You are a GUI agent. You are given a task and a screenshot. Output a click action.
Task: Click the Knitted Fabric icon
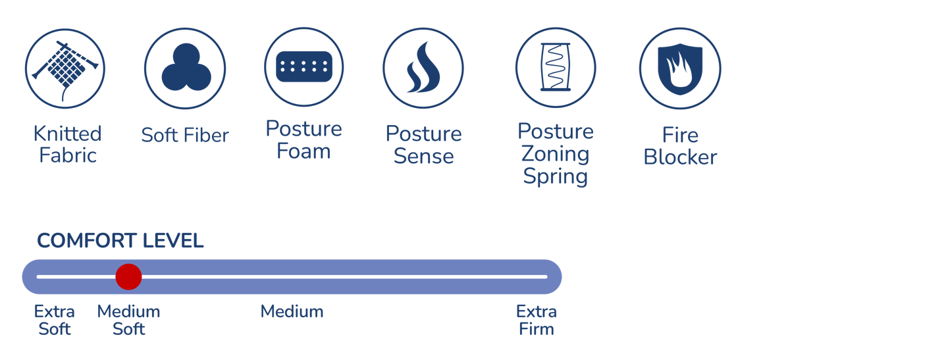click(65, 68)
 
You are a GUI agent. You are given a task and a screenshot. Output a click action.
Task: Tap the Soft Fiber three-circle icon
click(185, 68)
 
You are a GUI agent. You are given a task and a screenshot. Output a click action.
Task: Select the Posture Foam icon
click(303, 67)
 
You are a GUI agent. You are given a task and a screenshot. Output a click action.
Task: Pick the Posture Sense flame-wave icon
click(423, 68)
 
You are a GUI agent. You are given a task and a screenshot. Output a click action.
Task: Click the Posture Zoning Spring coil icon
click(555, 68)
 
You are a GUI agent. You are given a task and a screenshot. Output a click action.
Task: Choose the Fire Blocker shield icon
click(680, 68)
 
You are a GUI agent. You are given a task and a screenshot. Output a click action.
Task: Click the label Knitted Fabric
click(67, 145)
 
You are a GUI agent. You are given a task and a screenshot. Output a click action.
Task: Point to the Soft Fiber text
click(185, 136)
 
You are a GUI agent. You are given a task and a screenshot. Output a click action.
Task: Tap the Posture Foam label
click(303, 140)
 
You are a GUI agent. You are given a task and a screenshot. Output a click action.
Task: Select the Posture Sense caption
click(423, 145)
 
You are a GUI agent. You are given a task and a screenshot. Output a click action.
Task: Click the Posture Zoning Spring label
click(555, 154)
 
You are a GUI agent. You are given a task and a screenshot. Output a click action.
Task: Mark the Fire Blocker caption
click(680, 146)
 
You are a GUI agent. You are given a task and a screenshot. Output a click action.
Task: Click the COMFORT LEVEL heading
click(120, 241)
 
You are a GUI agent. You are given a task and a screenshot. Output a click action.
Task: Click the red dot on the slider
click(128, 277)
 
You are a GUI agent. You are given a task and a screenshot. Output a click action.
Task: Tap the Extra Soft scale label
click(55, 320)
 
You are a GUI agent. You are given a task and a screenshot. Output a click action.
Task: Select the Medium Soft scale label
click(128, 320)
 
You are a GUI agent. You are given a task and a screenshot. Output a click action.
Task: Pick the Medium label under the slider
click(292, 311)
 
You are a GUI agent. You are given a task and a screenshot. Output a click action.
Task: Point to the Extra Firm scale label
click(537, 320)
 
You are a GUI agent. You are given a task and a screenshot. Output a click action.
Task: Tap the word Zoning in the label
click(555, 154)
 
